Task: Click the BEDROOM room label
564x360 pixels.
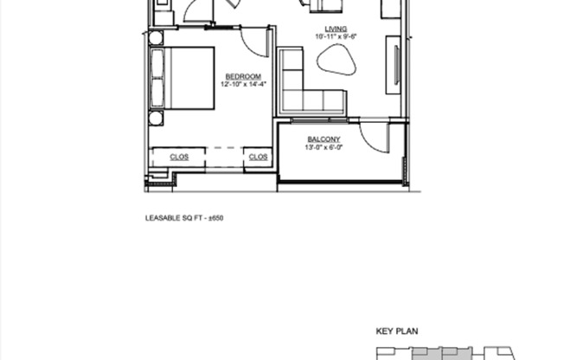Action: click(243, 76)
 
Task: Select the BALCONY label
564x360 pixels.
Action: click(324, 139)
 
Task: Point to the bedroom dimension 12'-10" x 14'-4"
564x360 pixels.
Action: click(243, 85)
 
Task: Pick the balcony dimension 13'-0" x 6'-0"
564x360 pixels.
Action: click(324, 148)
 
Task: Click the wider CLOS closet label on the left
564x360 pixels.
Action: click(179, 157)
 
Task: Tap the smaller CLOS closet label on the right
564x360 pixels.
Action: click(259, 157)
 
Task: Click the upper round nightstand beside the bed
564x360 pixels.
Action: click(156, 38)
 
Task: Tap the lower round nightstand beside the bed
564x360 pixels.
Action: click(156, 119)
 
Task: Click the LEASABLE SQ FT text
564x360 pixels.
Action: click(175, 219)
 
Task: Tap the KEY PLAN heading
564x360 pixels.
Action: click(396, 331)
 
